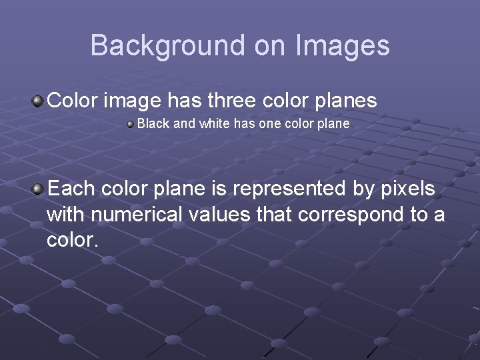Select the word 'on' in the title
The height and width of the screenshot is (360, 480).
pyautogui.click(x=269, y=45)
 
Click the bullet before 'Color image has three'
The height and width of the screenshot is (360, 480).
pyautogui.click(x=39, y=101)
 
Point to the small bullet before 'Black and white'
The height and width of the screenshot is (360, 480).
pyautogui.click(x=131, y=124)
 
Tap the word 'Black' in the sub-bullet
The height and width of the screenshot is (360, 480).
pyautogui.click(x=151, y=124)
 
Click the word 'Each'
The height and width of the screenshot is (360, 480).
pyautogui.click(x=72, y=189)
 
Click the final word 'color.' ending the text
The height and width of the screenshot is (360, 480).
pyautogui.click(x=73, y=240)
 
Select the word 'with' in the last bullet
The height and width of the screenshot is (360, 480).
pyautogui.click(x=64, y=215)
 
